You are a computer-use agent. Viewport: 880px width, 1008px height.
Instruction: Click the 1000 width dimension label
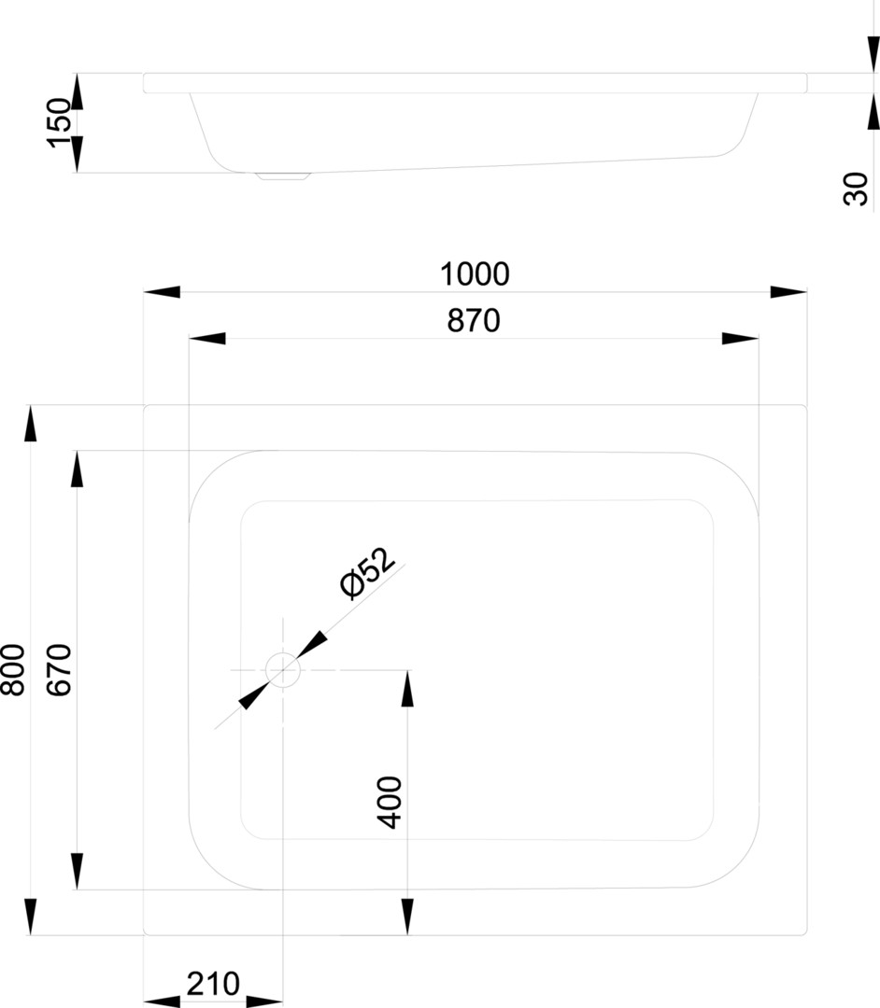tap(475, 274)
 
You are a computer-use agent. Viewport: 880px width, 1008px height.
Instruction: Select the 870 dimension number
tap(474, 321)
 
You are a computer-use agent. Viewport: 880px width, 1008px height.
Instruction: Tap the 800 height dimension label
tap(13, 670)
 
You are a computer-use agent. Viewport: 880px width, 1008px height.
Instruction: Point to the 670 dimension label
tap(59, 670)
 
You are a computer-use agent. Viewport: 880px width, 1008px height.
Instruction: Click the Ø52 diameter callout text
tap(366, 573)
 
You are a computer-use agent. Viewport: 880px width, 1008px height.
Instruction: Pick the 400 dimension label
tap(390, 803)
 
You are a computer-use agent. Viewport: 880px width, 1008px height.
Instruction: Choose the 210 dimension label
tap(213, 984)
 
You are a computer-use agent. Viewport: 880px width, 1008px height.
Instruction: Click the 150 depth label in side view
tap(59, 123)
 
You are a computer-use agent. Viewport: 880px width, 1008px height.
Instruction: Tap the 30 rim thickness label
tap(856, 189)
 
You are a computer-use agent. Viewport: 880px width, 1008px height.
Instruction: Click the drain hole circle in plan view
tap(283, 670)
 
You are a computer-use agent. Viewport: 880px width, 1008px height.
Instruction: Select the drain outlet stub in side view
tap(283, 175)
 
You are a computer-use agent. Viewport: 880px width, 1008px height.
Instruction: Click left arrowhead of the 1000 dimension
tap(163, 292)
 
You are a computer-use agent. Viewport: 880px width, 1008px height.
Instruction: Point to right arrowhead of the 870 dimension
tap(741, 338)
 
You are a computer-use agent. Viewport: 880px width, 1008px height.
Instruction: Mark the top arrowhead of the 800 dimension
tap(30, 424)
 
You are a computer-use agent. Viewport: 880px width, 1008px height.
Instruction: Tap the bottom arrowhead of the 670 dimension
tap(78, 872)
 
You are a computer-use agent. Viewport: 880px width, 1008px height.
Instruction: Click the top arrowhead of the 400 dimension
tap(407, 689)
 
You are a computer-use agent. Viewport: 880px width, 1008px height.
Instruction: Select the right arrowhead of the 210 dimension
tap(264, 1001)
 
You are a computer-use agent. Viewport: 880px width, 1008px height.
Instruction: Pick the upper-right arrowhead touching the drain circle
tap(311, 646)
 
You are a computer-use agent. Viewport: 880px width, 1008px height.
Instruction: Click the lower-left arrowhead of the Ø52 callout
tap(253, 695)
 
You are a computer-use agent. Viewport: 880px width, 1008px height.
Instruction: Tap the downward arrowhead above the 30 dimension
tap(873, 55)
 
